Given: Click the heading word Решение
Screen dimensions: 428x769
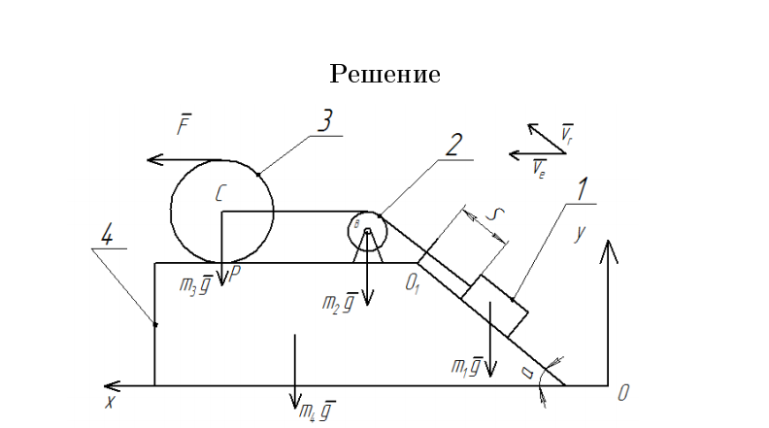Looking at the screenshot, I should [x=385, y=74].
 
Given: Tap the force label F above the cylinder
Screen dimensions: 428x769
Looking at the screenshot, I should [x=184, y=125].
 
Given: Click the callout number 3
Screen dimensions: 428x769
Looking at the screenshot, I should [x=324, y=121].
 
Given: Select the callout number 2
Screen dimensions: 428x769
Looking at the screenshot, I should [x=451, y=145].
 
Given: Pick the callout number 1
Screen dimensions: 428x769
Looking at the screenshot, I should [x=583, y=189].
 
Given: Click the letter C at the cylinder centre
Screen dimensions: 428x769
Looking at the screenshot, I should [x=220, y=194].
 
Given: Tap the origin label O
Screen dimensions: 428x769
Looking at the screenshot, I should [x=624, y=393].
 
